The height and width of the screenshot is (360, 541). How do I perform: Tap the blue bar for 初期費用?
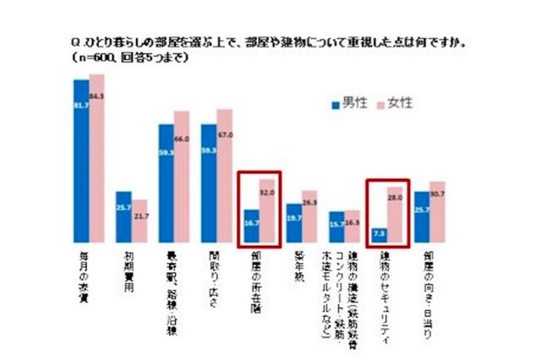(123, 216)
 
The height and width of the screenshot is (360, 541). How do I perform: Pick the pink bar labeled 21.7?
(139, 221)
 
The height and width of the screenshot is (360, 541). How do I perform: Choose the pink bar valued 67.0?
(224, 175)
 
